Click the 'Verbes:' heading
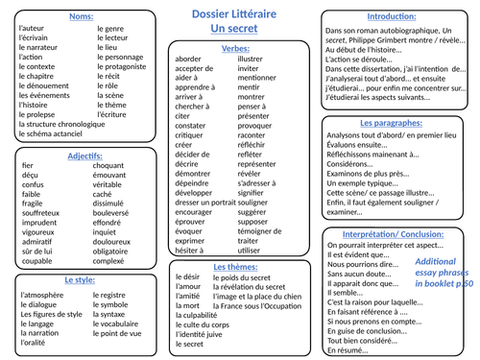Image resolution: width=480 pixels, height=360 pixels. coord(235,47)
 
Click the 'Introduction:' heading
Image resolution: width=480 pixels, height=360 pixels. coord(398,16)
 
